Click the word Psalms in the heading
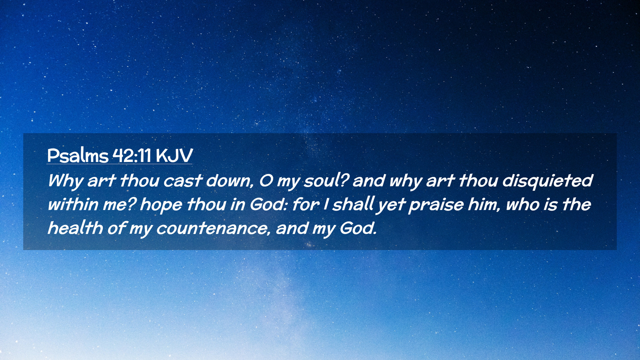[x=78, y=155]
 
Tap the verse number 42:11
[x=132, y=155]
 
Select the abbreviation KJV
[x=174, y=155]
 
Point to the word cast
[x=183, y=181]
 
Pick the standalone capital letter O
[x=266, y=181]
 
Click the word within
[x=73, y=204]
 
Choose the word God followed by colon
[x=269, y=204]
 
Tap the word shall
[x=353, y=204]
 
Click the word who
[x=523, y=204]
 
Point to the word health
[x=75, y=228]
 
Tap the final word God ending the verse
[x=358, y=228]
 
